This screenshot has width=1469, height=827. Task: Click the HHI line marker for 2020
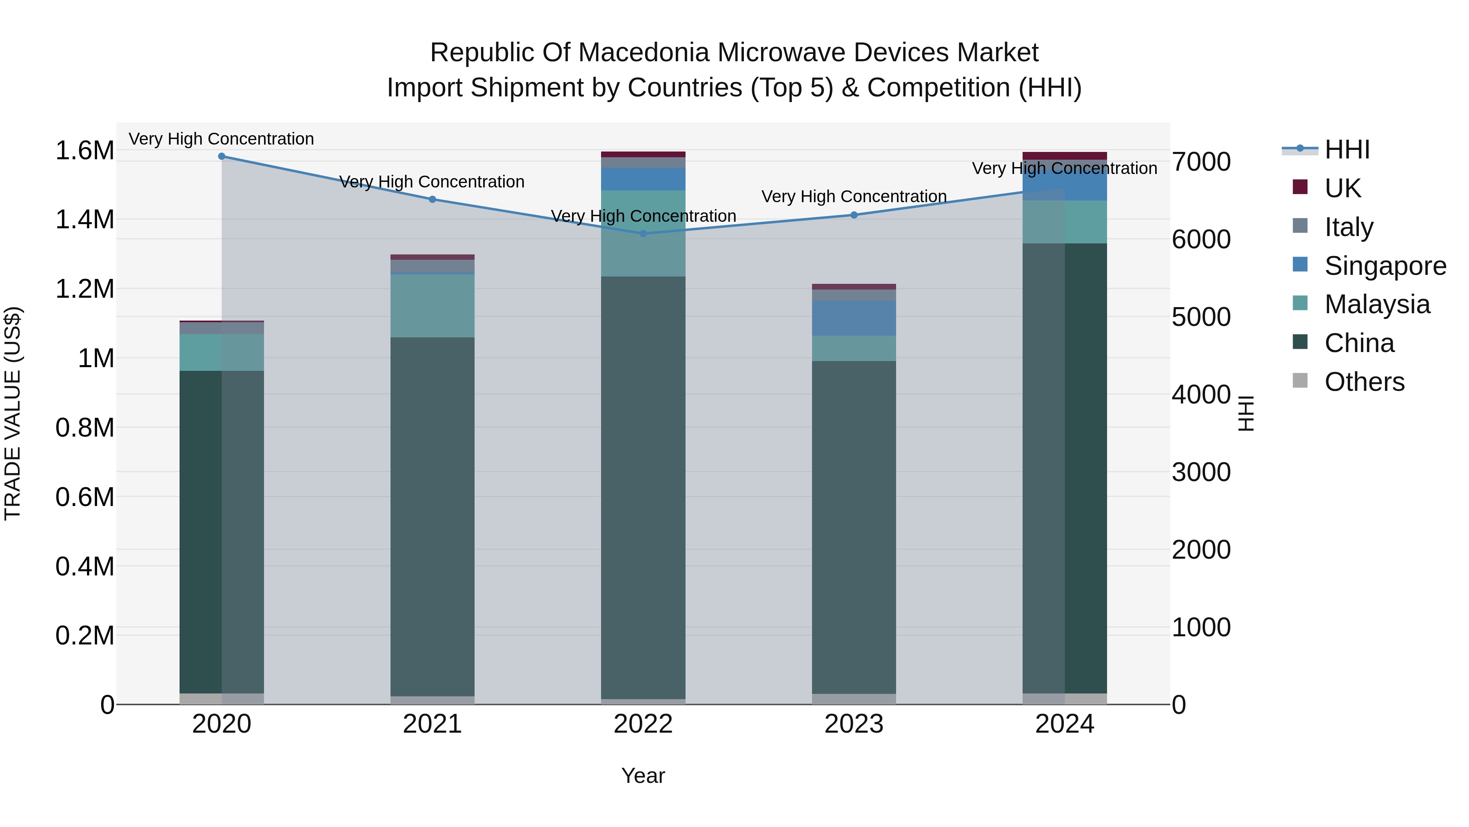pos(222,156)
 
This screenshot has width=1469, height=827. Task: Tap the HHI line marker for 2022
pos(643,234)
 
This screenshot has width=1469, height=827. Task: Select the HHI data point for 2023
pos(854,215)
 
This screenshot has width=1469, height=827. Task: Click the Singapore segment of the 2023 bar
pos(854,318)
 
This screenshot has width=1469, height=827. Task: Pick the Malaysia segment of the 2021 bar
pos(432,306)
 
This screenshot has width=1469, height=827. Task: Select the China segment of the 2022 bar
pos(643,488)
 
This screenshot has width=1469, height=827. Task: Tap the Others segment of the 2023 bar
pos(854,699)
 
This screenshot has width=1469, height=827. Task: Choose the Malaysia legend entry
pos(1377,304)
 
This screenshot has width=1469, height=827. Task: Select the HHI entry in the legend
pos(1347,149)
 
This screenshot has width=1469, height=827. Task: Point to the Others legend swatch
pos(1300,381)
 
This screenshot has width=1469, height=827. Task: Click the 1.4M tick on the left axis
pos(84,219)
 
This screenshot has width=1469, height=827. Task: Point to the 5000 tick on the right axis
pos(1201,317)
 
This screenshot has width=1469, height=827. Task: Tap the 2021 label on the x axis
pos(432,724)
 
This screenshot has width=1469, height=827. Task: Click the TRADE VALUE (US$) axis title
pos(13,414)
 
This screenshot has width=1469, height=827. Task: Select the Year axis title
pos(643,776)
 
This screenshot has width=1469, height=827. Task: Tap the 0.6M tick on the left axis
pos(84,497)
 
